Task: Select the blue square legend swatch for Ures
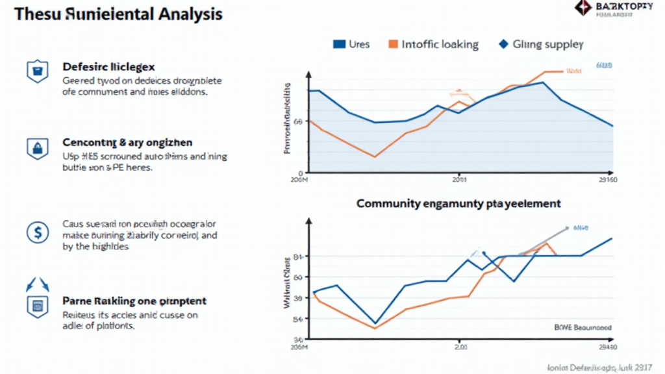point(339,44)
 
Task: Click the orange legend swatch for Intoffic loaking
point(393,44)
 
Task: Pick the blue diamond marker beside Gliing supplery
point(502,44)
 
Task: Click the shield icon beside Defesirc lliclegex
point(36,71)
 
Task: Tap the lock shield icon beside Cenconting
point(36,148)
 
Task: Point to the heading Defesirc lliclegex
point(108,66)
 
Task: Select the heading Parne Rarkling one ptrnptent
point(134,301)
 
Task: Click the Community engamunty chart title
point(458,203)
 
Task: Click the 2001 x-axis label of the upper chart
point(459,179)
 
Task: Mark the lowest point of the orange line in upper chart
point(375,156)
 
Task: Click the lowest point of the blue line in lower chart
point(375,323)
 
